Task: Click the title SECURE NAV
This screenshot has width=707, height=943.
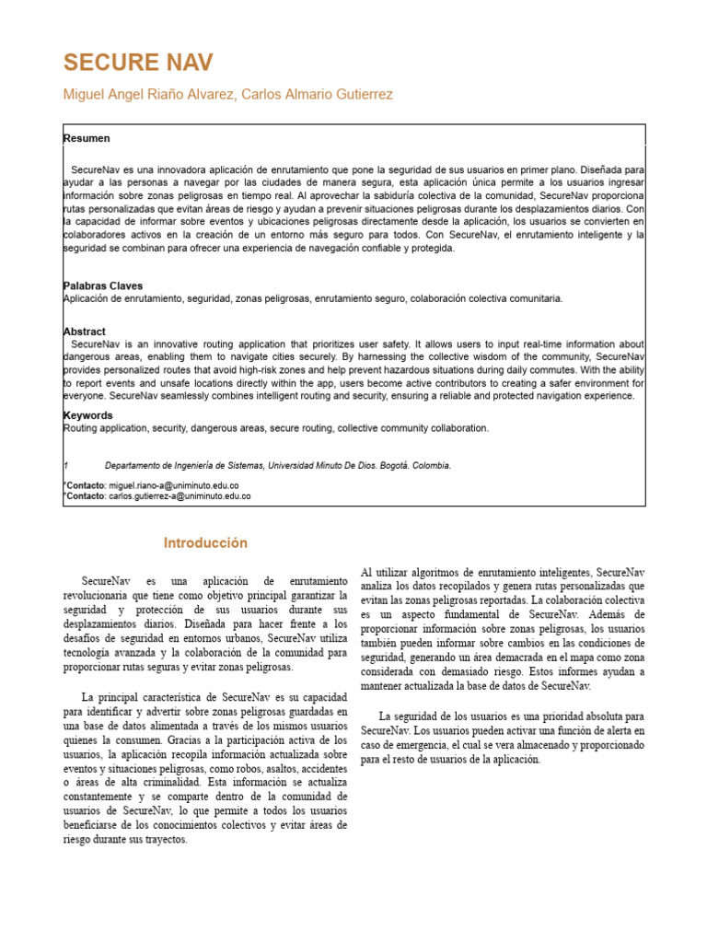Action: coord(138,63)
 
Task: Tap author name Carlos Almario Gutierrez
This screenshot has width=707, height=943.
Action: coord(317,95)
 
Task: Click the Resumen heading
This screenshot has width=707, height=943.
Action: coord(87,138)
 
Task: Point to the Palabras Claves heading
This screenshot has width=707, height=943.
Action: coord(103,286)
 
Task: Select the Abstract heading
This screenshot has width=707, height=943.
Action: coord(85,332)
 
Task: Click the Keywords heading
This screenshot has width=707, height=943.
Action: coord(88,415)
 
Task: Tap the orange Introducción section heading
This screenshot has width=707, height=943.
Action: coord(205,543)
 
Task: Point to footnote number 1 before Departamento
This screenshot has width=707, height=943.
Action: coord(65,466)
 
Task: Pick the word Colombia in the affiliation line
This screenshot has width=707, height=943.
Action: coord(430,466)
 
